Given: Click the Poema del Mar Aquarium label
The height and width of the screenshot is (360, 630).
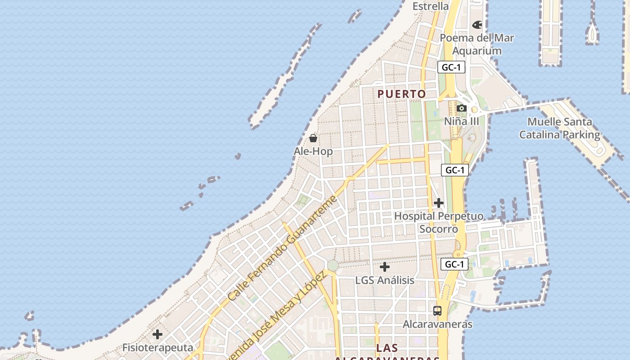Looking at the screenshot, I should tap(477, 44).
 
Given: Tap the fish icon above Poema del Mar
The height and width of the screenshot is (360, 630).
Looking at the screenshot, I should tap(477, 24).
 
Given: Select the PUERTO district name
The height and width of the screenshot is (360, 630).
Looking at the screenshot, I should tap(401, 94).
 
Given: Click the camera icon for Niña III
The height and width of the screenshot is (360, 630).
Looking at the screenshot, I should tap(461, 108).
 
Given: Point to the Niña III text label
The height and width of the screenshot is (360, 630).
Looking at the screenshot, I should tap(462, 121).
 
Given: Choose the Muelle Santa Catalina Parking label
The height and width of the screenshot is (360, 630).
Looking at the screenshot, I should tap(559, 128).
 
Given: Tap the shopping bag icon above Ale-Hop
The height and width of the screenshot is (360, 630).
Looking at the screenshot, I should tap(313, 138).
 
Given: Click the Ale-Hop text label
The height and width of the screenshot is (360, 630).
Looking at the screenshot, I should tap(313, 151).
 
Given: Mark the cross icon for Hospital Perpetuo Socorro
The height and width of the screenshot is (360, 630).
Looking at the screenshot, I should tap(439, 203).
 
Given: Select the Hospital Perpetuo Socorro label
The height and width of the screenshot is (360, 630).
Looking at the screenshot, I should tap(439, 222).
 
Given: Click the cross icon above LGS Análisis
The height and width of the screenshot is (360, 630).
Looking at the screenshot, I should tap(385, 267).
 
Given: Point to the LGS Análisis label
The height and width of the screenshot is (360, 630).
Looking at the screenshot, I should tap(385, 280).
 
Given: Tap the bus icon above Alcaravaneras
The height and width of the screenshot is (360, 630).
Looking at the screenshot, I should tap(437, 310).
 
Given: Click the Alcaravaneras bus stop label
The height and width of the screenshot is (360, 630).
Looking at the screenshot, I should tap(437, 324).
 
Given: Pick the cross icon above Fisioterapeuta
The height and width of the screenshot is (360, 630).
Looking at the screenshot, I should tap(157, 334).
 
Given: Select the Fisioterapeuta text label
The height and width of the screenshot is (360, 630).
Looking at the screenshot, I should tap(157, 348).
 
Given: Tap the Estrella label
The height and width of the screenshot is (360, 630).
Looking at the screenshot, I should tap(431, 6).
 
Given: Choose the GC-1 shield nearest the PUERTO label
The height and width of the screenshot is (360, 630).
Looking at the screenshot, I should tap(451, 67).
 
